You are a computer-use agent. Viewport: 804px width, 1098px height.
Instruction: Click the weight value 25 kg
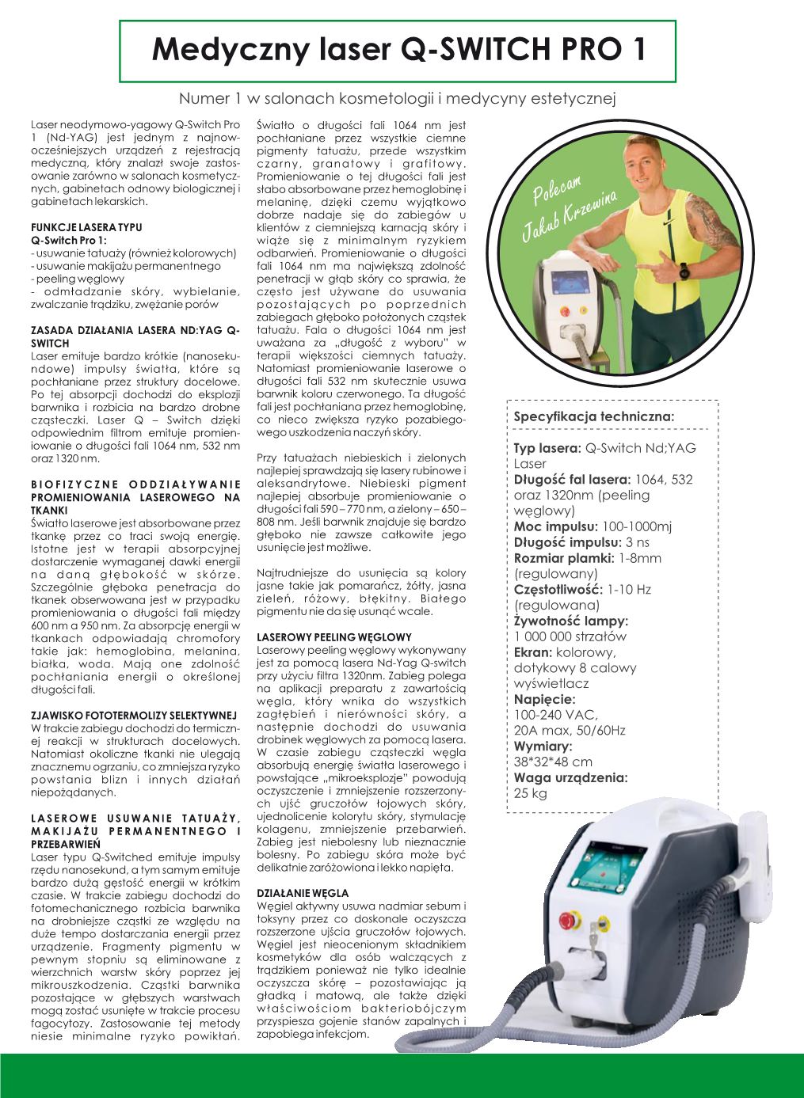coord(531,794)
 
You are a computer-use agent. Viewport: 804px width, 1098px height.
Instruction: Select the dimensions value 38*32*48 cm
coord(553,762)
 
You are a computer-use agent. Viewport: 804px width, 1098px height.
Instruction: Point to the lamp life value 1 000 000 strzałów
coord(570,636)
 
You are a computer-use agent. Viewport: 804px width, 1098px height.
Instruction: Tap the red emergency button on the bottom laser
coord(567,920)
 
